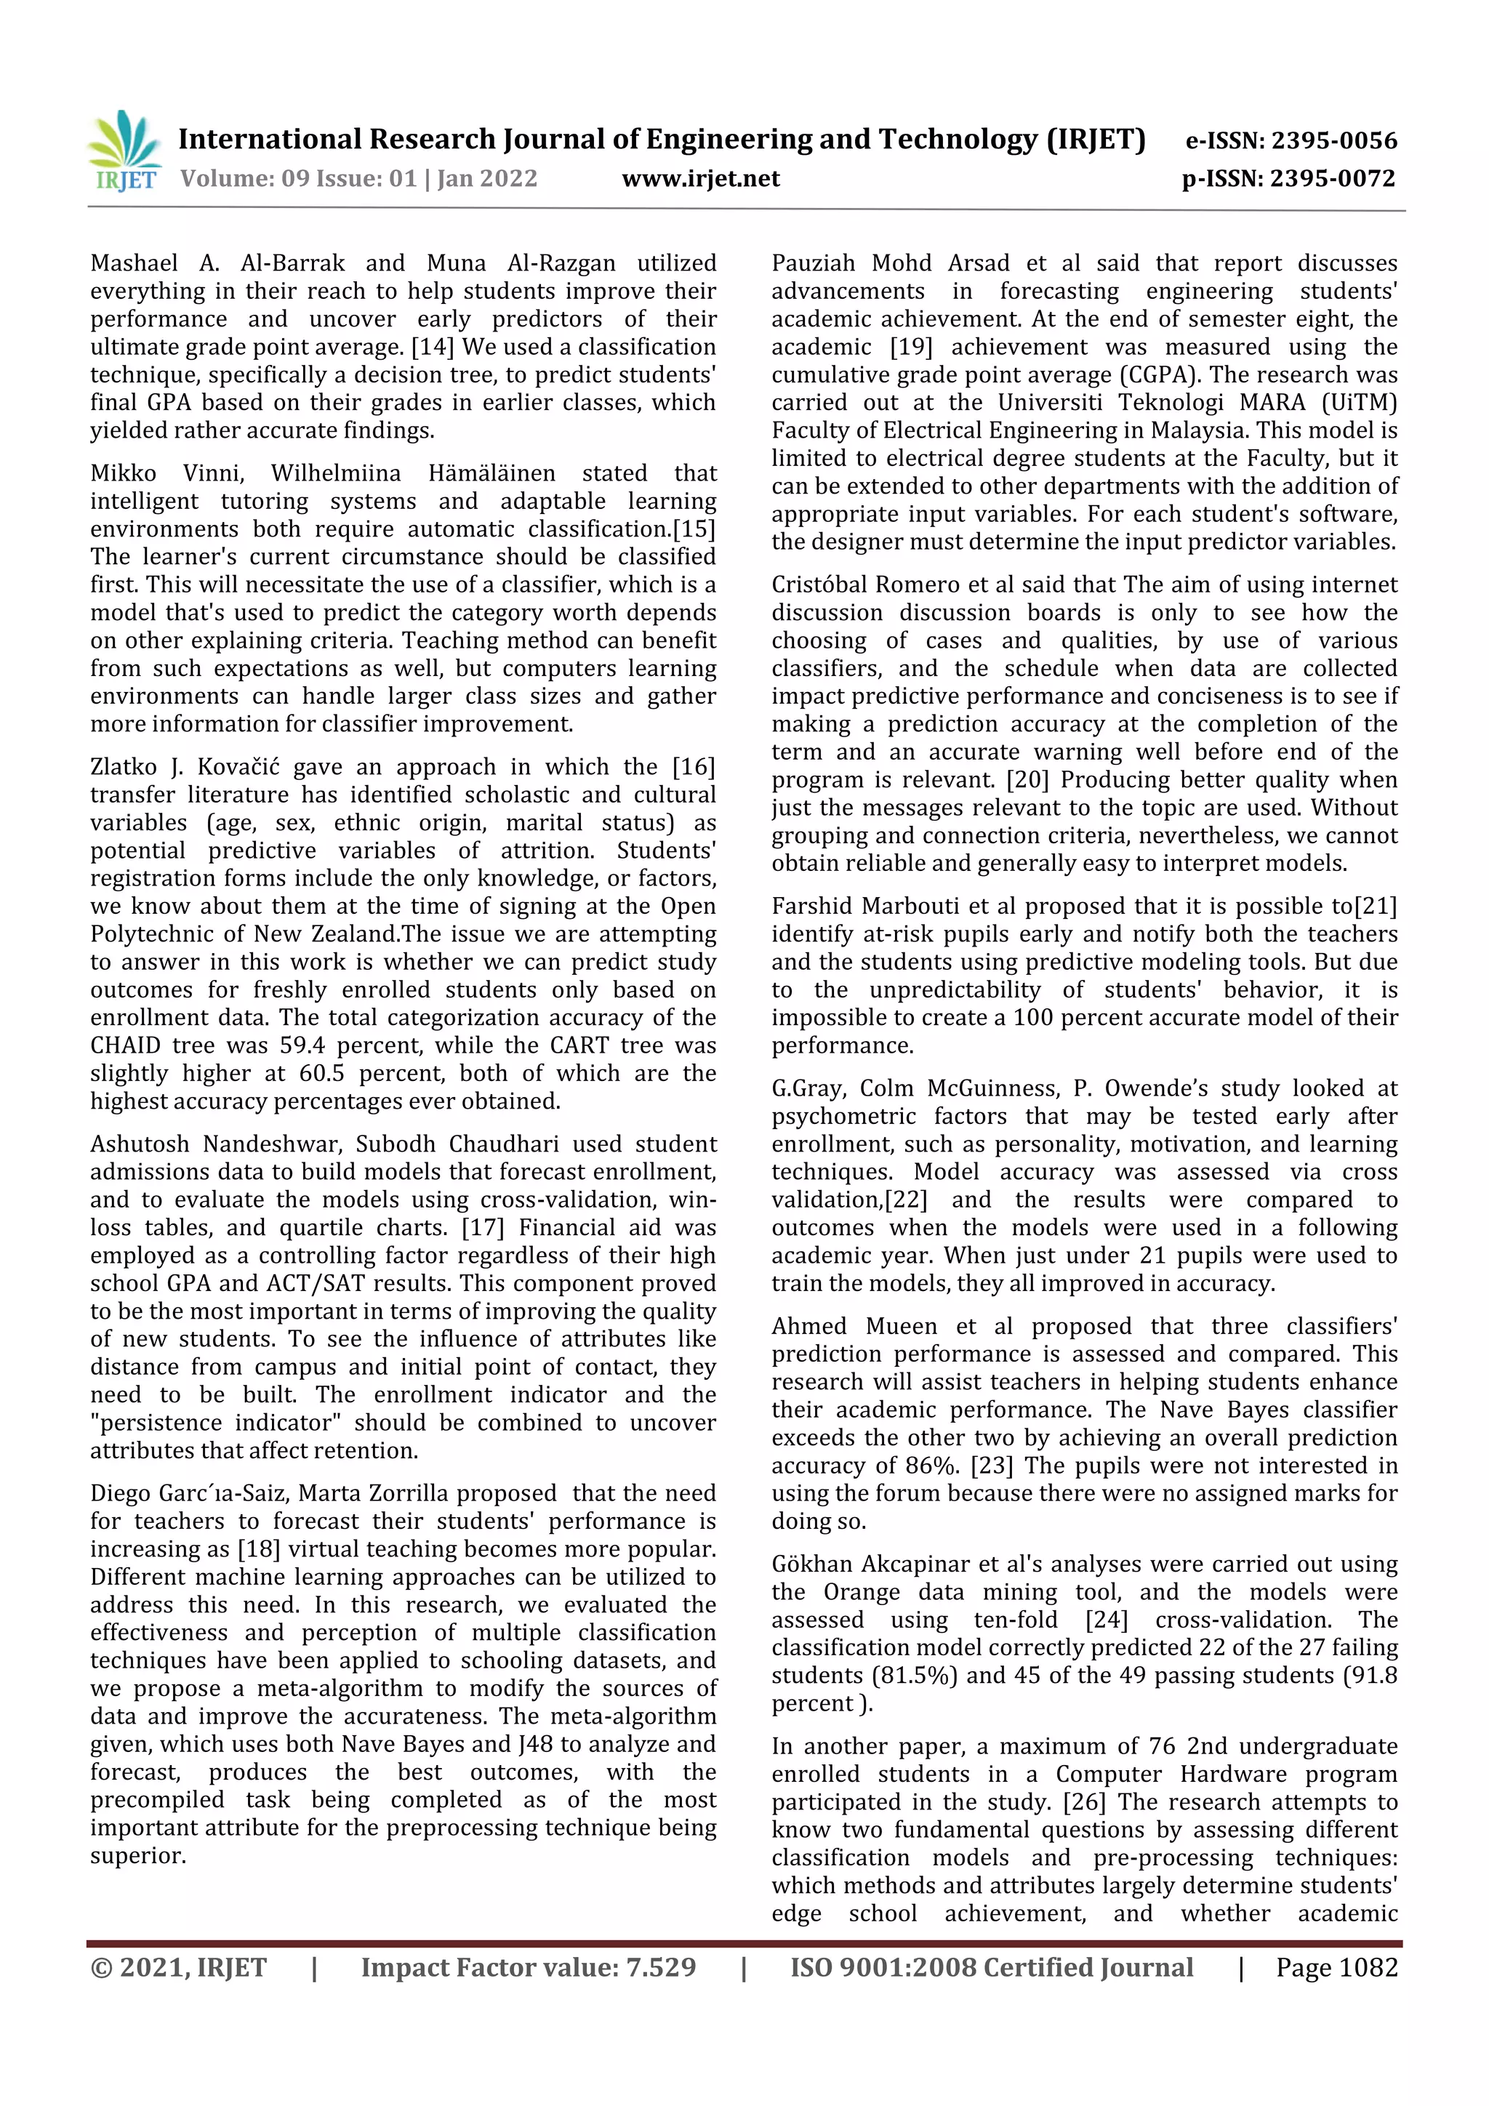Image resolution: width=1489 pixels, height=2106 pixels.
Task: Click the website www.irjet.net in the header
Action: [x=700, y=179]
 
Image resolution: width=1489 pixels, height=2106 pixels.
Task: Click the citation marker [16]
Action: [x=693, y=767]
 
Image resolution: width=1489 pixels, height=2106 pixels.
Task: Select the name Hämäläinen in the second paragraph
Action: [x=491, y=473]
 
